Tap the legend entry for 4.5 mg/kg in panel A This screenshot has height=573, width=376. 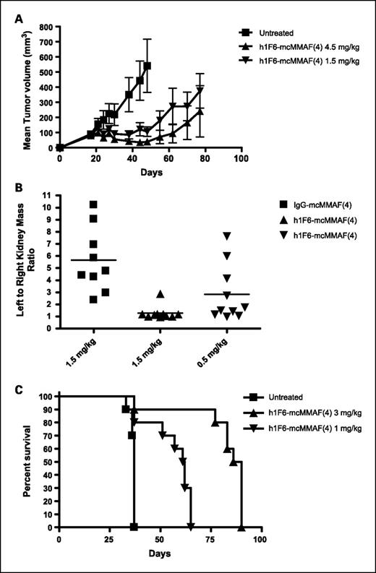point(301,45)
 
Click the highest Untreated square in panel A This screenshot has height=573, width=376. point(147,66)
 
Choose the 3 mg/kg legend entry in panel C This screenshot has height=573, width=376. point(304,410)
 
